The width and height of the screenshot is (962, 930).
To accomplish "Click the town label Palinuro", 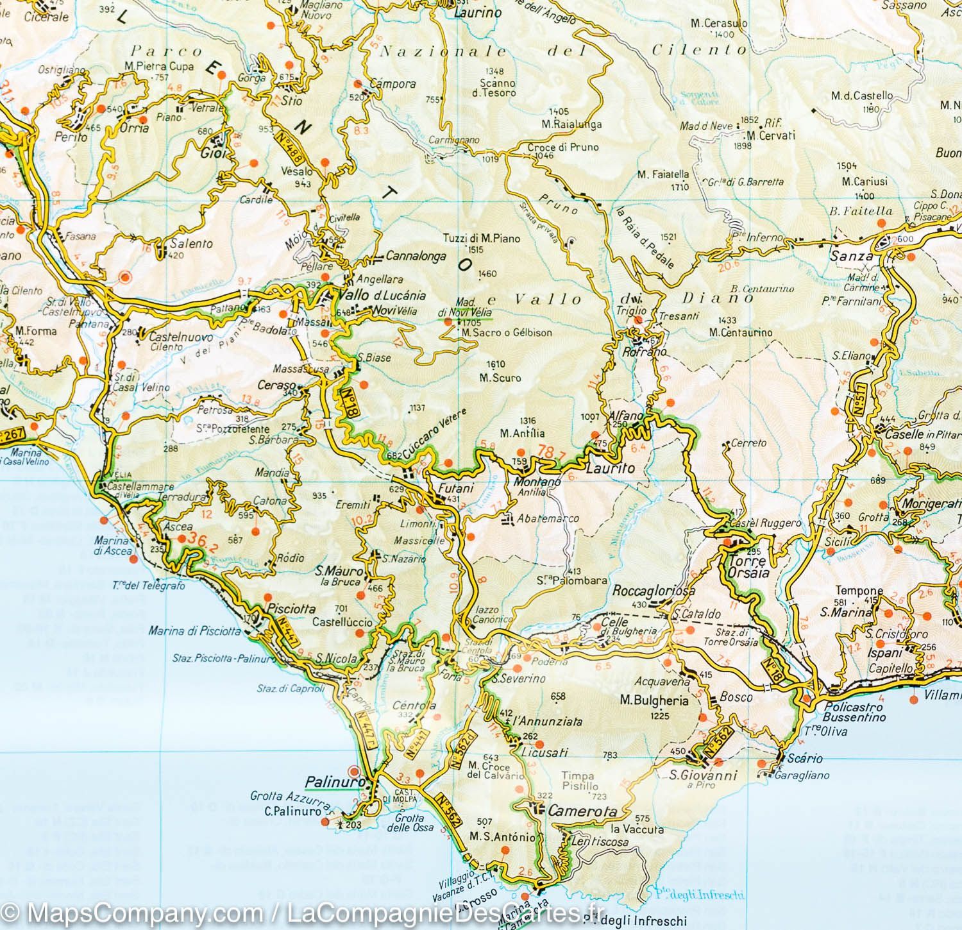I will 327,782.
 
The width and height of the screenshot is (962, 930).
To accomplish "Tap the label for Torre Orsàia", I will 748,567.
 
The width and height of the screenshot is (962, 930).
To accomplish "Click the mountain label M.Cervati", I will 770,136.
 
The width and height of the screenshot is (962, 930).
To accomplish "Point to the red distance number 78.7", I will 552,452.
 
